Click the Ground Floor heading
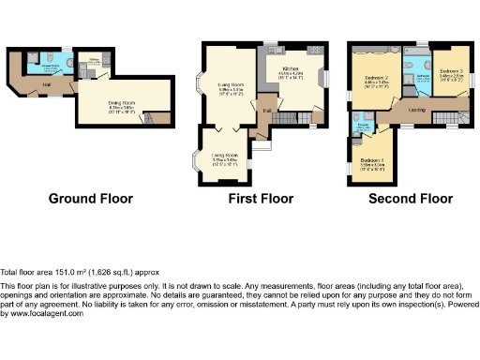90,199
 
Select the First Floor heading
261,199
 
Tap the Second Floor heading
410,199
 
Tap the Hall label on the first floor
266,112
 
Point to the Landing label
417,111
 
